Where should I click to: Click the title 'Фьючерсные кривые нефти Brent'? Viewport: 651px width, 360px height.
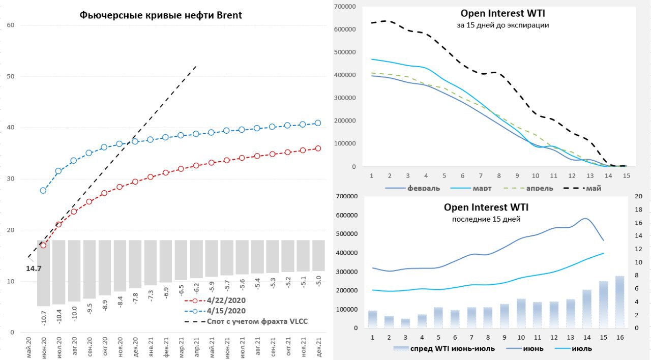pos(161,15)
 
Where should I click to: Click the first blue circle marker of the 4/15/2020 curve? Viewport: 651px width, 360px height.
pos(43,191)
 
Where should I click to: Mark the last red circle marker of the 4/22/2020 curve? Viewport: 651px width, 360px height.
pos(318,148)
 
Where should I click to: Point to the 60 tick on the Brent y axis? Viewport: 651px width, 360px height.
pos(11,25)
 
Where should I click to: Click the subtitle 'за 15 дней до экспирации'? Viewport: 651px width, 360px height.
pos(502,25)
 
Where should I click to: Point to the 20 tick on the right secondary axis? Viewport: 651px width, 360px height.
pos(639,196)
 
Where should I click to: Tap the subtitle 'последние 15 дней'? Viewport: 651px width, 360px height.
pos(486,219)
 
